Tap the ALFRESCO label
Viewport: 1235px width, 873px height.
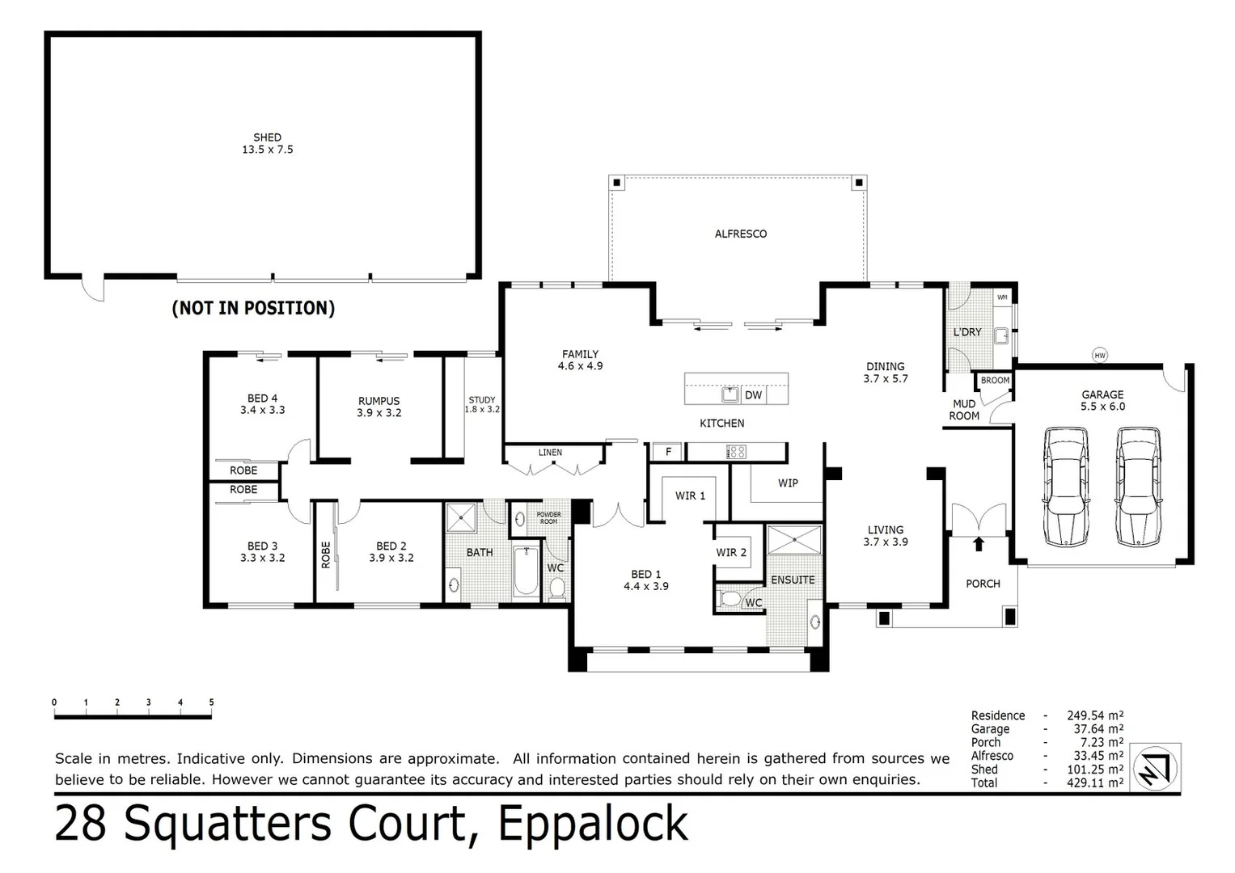coord(740,234)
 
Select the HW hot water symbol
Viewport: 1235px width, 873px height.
coord(1099,355)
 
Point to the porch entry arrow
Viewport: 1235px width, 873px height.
coord(979,544)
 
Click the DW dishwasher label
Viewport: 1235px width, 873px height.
coord(753,395)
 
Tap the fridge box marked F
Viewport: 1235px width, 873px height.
coord(668,452)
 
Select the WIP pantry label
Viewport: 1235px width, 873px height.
coord(788,483)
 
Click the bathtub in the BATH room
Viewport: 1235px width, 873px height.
coord(527,571)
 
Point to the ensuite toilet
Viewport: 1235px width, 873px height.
coord(731,600)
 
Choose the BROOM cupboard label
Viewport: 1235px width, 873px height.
coord(995,380)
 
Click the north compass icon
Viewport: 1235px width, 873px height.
coord(1156,768)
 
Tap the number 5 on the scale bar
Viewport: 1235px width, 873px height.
coord(211,702)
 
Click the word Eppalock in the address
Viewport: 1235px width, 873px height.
coord(593,824)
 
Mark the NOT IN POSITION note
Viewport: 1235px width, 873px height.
coord(253,308)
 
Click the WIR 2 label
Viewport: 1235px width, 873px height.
coord(731,552)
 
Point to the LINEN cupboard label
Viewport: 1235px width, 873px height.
coord(550,452)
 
